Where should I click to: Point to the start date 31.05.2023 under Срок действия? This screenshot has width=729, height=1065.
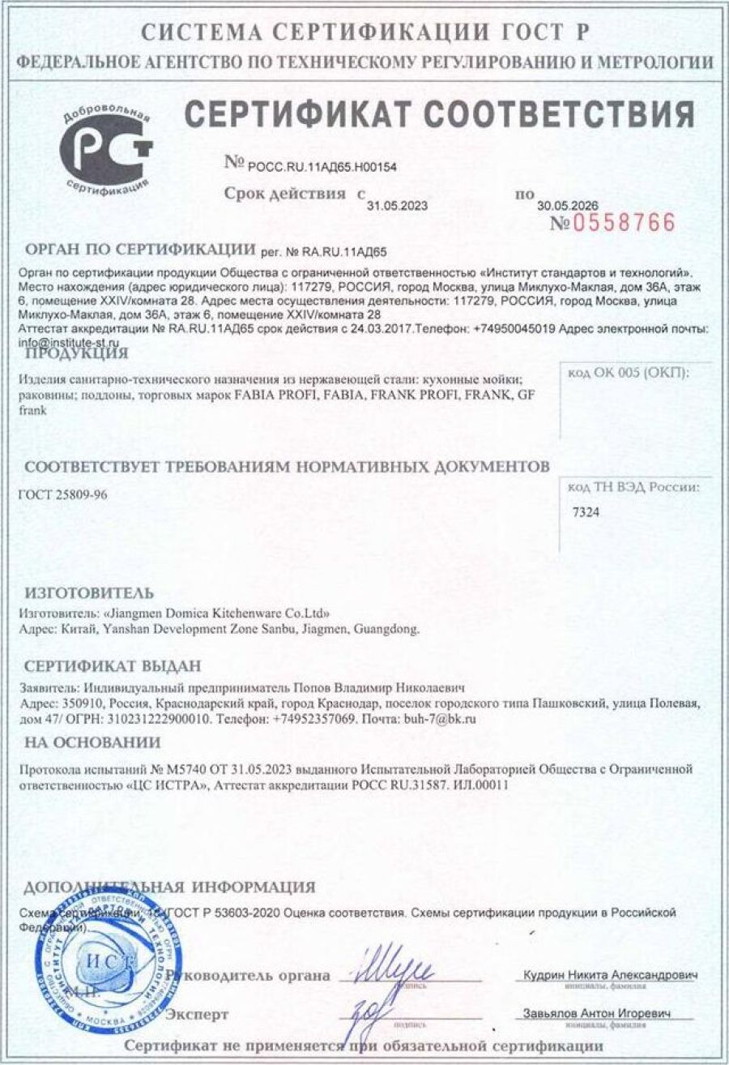(397, 206)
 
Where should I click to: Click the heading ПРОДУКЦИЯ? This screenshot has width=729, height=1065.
(76, 353)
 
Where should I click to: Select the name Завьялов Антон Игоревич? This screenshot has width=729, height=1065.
(598, 1015)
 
